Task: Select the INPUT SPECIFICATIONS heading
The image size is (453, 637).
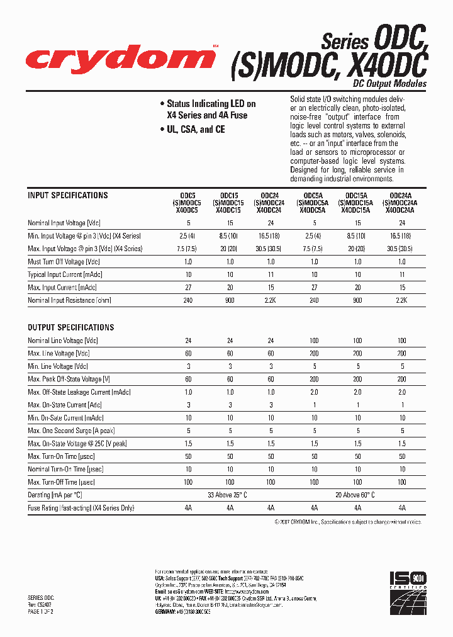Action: coord(68,196)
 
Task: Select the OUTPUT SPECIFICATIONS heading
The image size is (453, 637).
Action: coord(71,327)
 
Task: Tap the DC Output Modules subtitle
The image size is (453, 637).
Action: coord(389,84)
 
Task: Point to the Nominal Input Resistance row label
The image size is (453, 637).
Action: coord(69,301)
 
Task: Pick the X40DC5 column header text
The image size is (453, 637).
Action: coord(187,210)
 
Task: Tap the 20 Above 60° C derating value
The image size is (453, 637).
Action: coord(356,495)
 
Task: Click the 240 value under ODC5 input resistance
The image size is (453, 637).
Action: coord(187,301)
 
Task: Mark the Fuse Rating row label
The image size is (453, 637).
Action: coord(81,508)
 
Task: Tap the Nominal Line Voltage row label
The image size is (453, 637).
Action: coord(63,341)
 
